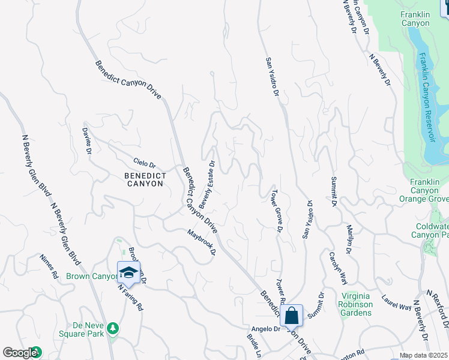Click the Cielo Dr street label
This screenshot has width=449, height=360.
tap(144, 164)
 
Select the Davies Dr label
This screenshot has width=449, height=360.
tap(88, 139)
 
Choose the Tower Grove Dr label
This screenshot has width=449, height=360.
tap(277, 211)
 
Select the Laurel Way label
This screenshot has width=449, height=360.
tap(397, 302)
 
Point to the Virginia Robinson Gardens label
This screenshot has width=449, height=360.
tap(357, 300)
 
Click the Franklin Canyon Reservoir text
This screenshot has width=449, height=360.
tap(427, 97)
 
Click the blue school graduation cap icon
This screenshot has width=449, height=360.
tap(128, 272)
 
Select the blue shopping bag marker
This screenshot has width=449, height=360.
tap(291, 315)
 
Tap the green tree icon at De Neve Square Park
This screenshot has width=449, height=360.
tap(112, 328)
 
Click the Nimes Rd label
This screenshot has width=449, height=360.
tap(49, 268)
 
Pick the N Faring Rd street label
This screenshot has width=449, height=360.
tap(130, 296)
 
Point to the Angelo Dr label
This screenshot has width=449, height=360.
tap(266, 329)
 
